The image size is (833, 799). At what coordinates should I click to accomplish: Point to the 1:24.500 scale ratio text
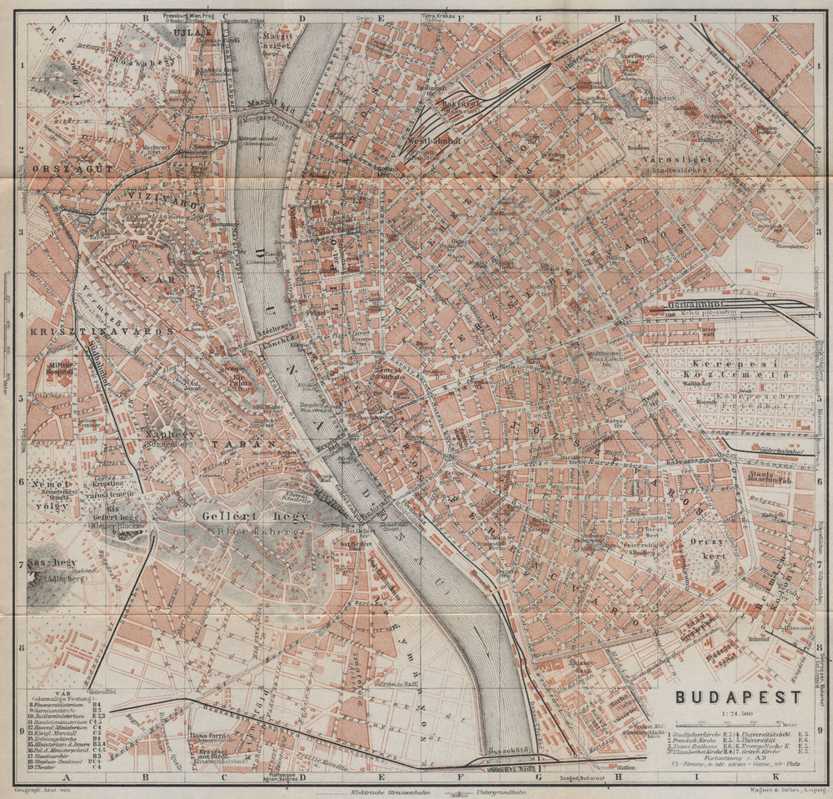736,714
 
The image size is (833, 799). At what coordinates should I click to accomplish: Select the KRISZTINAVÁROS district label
100,331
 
